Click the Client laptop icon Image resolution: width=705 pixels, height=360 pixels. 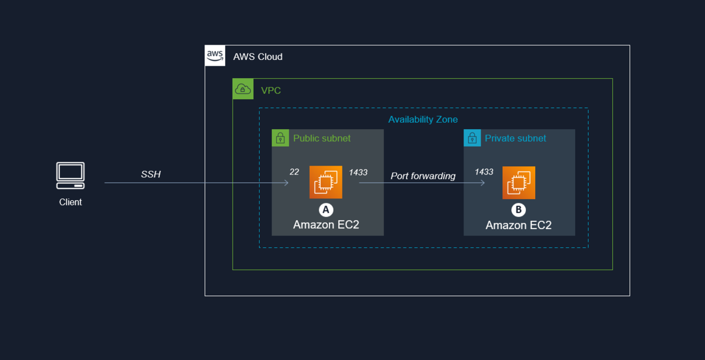(x=70, y=176)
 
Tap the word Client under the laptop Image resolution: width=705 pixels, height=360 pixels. (x=70, y=202)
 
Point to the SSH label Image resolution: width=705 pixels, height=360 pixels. (x=151, y=174)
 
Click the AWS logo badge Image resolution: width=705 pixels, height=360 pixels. (x=215, y=56)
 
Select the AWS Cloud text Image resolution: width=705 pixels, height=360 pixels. (x=258, y=57)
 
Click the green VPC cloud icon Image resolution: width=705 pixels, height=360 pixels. (x=243, y=89)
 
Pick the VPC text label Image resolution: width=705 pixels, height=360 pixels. (x=271, y=90)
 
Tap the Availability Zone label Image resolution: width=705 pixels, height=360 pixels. (x=423, y=119)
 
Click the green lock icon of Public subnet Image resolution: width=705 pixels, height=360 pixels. (x=281, y=139)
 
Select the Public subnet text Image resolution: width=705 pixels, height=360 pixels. (x=322, y=139)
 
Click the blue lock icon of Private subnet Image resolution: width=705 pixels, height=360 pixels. (x=472, y=139)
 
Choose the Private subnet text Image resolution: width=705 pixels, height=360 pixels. (x=515, y=139)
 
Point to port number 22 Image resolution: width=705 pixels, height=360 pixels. (x=294, y=171)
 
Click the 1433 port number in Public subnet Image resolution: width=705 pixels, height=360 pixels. (x=358, y=172)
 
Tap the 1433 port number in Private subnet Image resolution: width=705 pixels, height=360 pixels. (x=484, y=171)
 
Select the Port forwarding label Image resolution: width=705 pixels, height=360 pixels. (x=423, y=176)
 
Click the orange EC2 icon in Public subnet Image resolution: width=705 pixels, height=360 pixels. (x=326, y=183)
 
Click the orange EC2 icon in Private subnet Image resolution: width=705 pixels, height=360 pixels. (x=519, y=183)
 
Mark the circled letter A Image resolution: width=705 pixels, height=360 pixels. (x=325, y=210)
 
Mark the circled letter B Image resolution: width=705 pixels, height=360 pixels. (x=518, y=210)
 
